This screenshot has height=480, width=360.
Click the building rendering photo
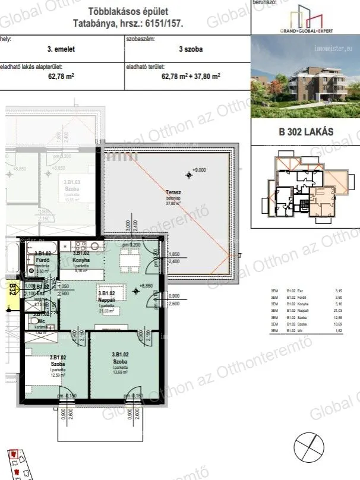coord(305,84)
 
